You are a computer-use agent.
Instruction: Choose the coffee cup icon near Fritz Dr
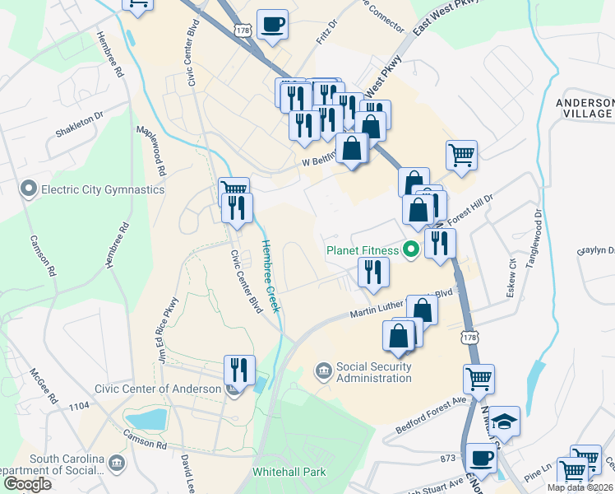[x=272, y=24]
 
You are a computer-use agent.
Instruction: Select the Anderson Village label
[x=584, y=108]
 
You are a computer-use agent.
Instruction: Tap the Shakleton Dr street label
[x=79, y=123]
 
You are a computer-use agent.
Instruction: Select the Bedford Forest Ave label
[x=431, y=416]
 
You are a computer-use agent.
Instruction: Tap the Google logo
[x=27, y=484]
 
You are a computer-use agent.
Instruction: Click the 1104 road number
[x=79, y=406]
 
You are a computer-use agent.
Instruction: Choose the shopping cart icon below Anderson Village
[x=462, y=154]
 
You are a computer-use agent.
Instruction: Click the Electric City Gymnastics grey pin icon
[x=30, y=190]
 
